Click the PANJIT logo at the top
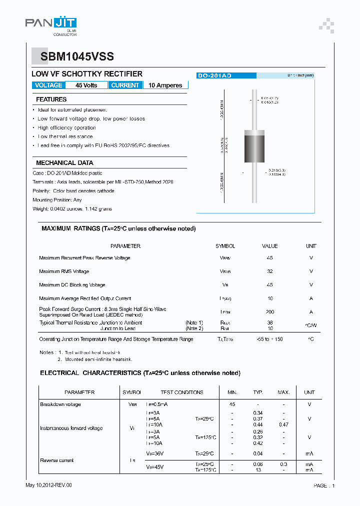(x=51, y=23)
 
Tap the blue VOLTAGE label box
(x=48, y=85)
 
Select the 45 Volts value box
(x=86, y=85)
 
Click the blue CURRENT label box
(x=125, y=85)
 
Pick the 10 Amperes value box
(x=165, y=85)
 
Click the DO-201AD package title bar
(x=226, y=75)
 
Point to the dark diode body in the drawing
(x=254, y=145)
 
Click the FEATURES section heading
(x=51, y=99)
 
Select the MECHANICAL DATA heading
(x=64, y=163)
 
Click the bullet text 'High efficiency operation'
(x=66, y=127)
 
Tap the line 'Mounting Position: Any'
(x=57, y=199)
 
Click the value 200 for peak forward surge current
(x=270, y=312)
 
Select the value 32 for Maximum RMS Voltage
(x=270, y=271)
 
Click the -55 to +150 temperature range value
(x=270, y=339)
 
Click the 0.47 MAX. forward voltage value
(x=283, y=424)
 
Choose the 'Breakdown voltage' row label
(x=60, y=404)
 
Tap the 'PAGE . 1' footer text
(x=324, y=485)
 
